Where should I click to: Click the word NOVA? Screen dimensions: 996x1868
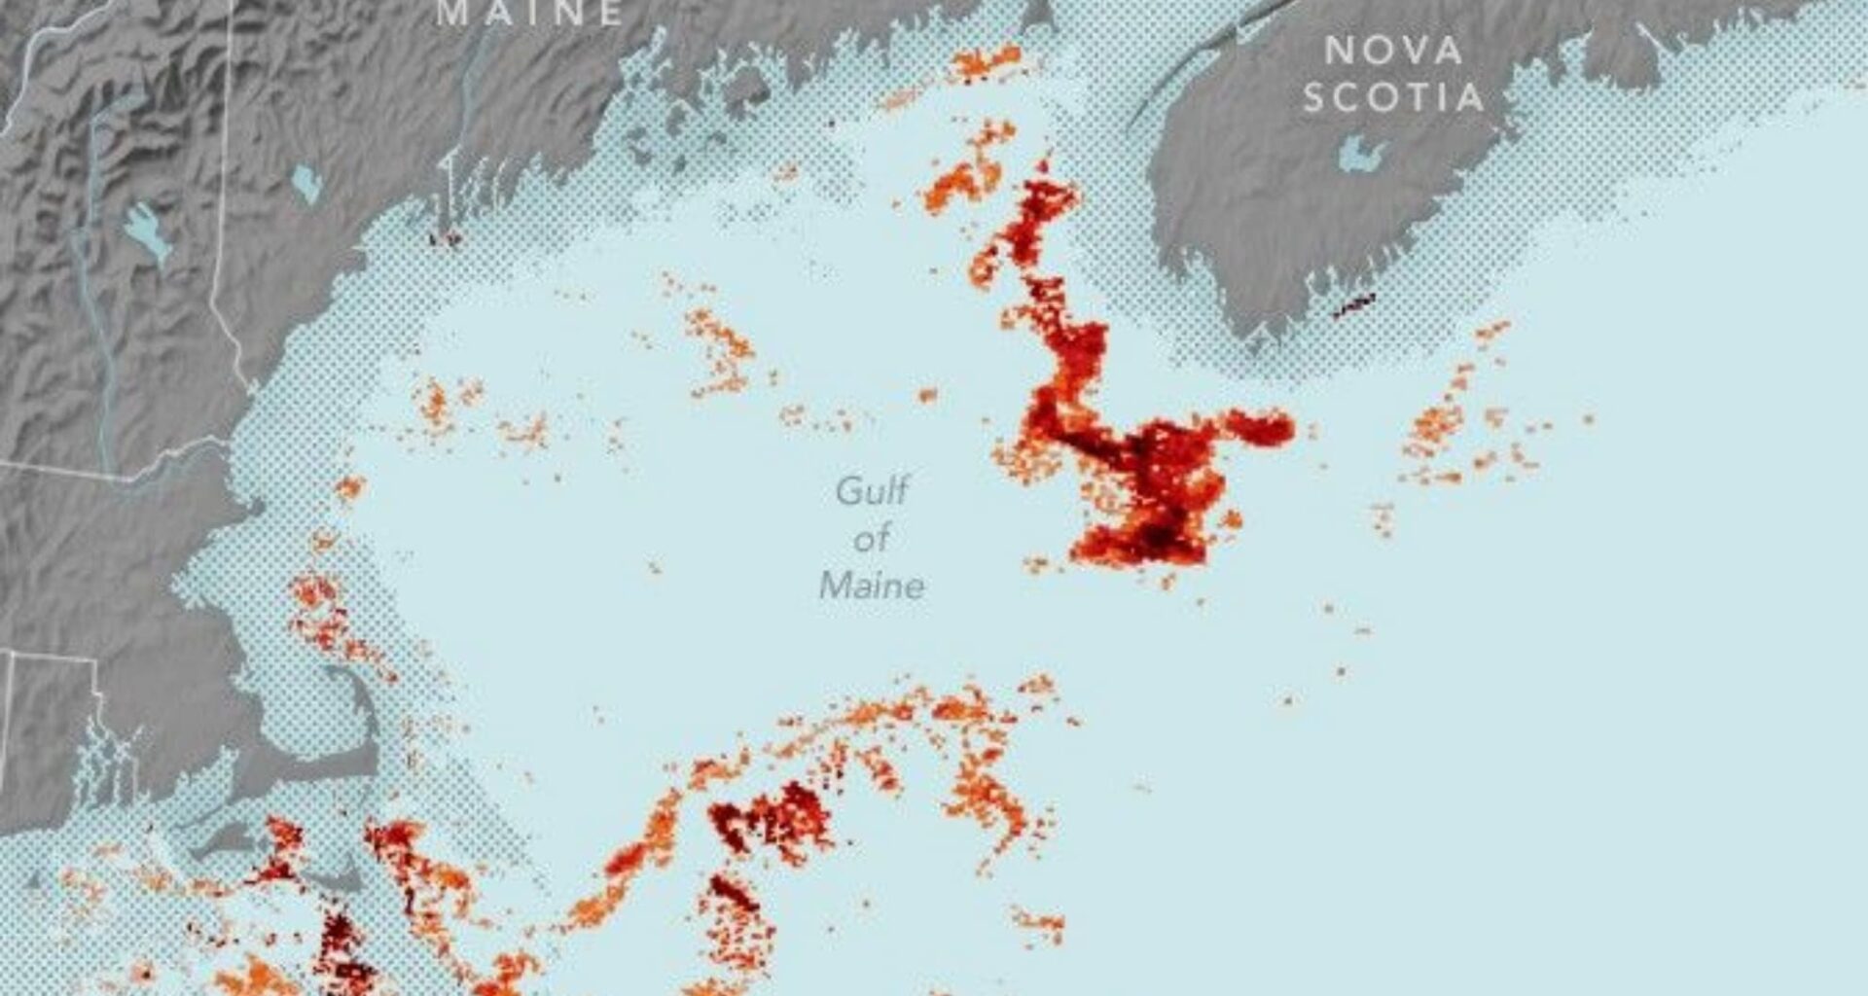coord(1393,51)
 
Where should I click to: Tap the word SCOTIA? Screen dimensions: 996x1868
coord(1393,97)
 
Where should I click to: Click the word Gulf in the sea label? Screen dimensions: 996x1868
coord(872,491)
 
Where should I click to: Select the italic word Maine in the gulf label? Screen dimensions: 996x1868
coord(872,586)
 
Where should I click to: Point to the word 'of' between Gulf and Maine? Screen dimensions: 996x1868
coord(872,538)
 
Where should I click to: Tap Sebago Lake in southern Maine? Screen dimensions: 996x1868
coord(306,181)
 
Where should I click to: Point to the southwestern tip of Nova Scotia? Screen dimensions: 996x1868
coord(1255,336)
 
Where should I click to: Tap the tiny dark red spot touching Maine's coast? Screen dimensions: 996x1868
coord(446,236)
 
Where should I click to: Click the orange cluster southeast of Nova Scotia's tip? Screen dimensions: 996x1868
coord(1435,428)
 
